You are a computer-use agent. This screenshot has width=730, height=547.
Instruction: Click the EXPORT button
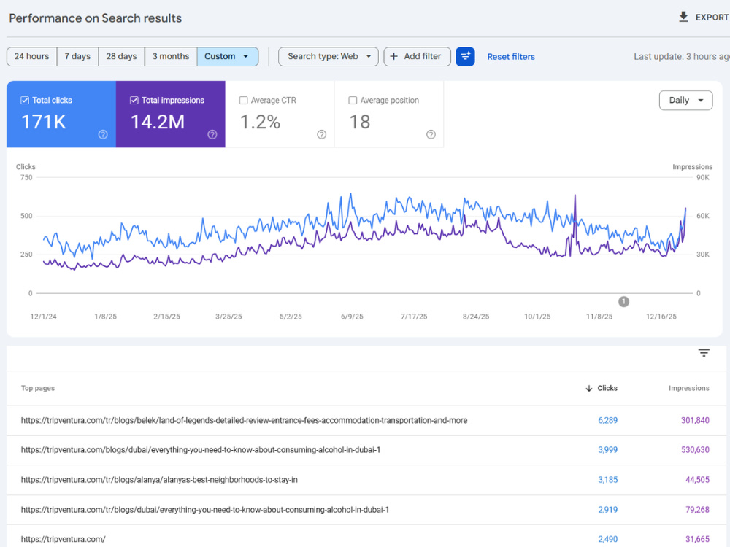point(704,18)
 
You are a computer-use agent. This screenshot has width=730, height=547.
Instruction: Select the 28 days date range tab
point(121,56)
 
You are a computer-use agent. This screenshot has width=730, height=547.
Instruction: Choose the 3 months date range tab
point(171,56)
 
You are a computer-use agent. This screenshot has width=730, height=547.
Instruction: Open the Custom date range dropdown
point(227,56)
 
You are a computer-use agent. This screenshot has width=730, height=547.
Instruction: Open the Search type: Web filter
point(328,56)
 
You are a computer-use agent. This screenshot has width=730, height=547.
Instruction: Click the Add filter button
point(417,56)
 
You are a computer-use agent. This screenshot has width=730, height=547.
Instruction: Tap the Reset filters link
point(511,57)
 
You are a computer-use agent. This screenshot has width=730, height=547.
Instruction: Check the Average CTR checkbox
point(243,101)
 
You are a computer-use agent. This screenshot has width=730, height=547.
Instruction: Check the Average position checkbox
point(353,101)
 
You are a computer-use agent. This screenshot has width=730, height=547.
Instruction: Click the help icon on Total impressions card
point(212,134)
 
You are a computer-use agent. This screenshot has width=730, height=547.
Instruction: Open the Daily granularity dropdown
point(685,101)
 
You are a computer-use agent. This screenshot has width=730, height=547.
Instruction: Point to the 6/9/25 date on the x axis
point(352,317)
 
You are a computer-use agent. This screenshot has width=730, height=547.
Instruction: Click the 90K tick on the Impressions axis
point(703,177)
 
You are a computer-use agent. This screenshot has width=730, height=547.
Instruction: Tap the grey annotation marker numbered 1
point(624,301)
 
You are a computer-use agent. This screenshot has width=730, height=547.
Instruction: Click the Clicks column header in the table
point(602,388)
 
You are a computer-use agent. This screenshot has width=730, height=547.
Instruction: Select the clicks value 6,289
point(607,420)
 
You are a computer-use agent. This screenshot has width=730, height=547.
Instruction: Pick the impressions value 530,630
point(695,450)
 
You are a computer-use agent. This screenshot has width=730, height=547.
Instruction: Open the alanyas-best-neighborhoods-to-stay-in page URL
point(159,480)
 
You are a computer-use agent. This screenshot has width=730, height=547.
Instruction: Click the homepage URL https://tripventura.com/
point(64,539)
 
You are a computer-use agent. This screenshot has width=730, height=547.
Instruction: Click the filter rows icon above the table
point(704,352)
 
